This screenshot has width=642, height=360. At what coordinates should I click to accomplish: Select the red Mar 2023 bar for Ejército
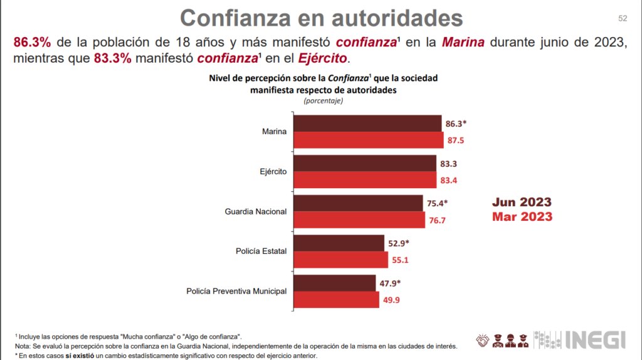[365, 180]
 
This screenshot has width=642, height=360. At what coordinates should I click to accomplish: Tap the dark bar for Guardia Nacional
[358, 203]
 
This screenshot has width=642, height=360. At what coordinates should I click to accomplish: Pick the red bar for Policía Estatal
[341, 260]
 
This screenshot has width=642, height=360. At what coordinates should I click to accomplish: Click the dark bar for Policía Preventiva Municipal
[335, 283]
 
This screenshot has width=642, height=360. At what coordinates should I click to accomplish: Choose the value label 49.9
[392, 300]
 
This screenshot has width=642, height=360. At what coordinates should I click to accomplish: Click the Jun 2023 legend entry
[522, 202]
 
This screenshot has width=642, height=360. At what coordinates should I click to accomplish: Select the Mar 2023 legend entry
[522, 216]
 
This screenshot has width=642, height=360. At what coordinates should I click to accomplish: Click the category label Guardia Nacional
[255, 211]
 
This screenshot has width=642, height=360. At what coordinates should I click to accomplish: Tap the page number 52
[623, 18]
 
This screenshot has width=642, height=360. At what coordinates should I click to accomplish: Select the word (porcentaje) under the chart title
[324, 100]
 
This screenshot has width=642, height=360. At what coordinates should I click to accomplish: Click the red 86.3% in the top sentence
[32, 43]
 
